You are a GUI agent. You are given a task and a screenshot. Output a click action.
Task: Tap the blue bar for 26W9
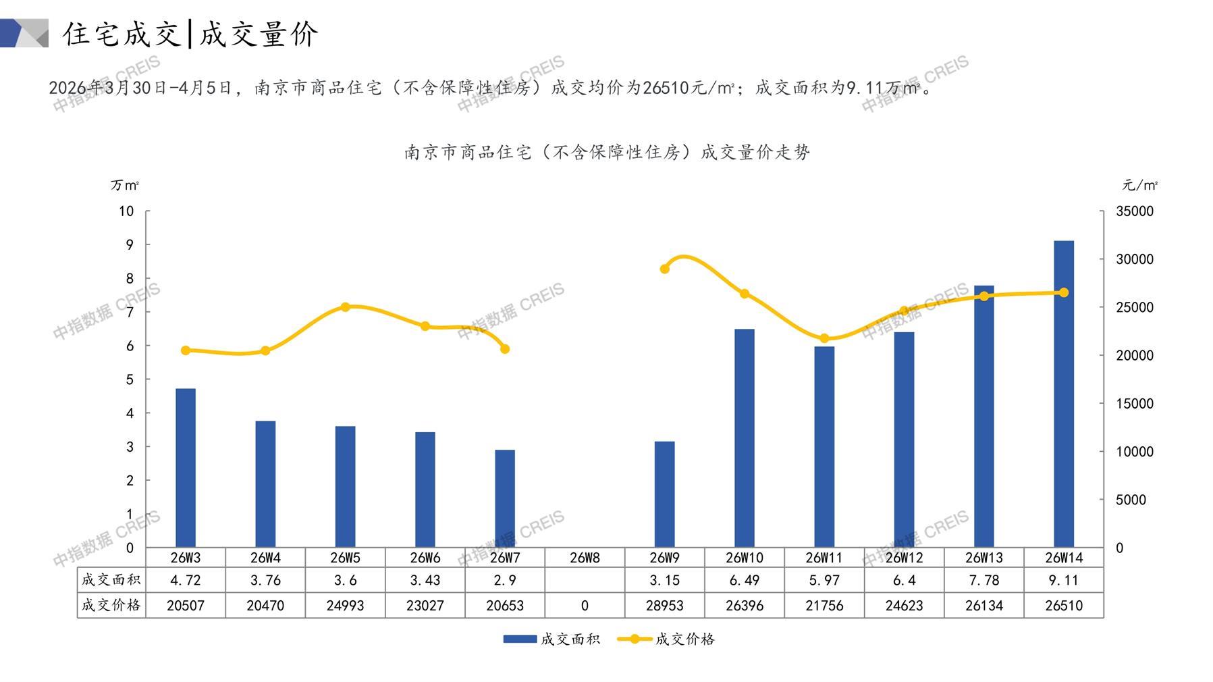[x=664, y=494]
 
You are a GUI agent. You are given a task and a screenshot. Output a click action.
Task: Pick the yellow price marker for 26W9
[x=664, y=269]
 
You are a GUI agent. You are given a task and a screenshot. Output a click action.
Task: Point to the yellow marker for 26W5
[x=345, y=307]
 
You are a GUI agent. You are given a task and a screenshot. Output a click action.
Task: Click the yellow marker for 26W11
[x=824, y=338]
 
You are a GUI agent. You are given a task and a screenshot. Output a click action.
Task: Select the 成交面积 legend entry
[x=551, y=639]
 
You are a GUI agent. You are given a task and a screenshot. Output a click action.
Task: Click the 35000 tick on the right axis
[x=1135, y=211]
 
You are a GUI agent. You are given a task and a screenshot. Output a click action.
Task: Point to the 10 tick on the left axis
[x=126, y=211]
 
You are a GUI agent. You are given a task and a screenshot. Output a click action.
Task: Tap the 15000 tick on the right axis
[x=1135, y=404]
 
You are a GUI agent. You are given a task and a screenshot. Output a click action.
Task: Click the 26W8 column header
[x=585, y=558]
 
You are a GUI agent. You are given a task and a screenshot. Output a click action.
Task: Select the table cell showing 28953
[x=664, y=606]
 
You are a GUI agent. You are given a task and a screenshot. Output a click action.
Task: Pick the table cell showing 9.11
[x=1063, y=580]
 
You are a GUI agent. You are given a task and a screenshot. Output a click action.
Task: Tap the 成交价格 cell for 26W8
[x=585, y=606]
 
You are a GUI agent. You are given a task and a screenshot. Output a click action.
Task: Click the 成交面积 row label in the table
[x=111, y=580]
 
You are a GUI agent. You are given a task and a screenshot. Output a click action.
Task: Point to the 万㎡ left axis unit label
[x=125, y=185]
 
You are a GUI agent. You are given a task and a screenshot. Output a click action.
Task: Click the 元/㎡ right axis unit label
[x=1139, y=185]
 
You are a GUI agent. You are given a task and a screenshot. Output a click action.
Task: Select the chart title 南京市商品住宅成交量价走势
[x=607, y=153]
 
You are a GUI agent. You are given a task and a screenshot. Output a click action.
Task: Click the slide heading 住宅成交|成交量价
[x=190, y=34]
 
